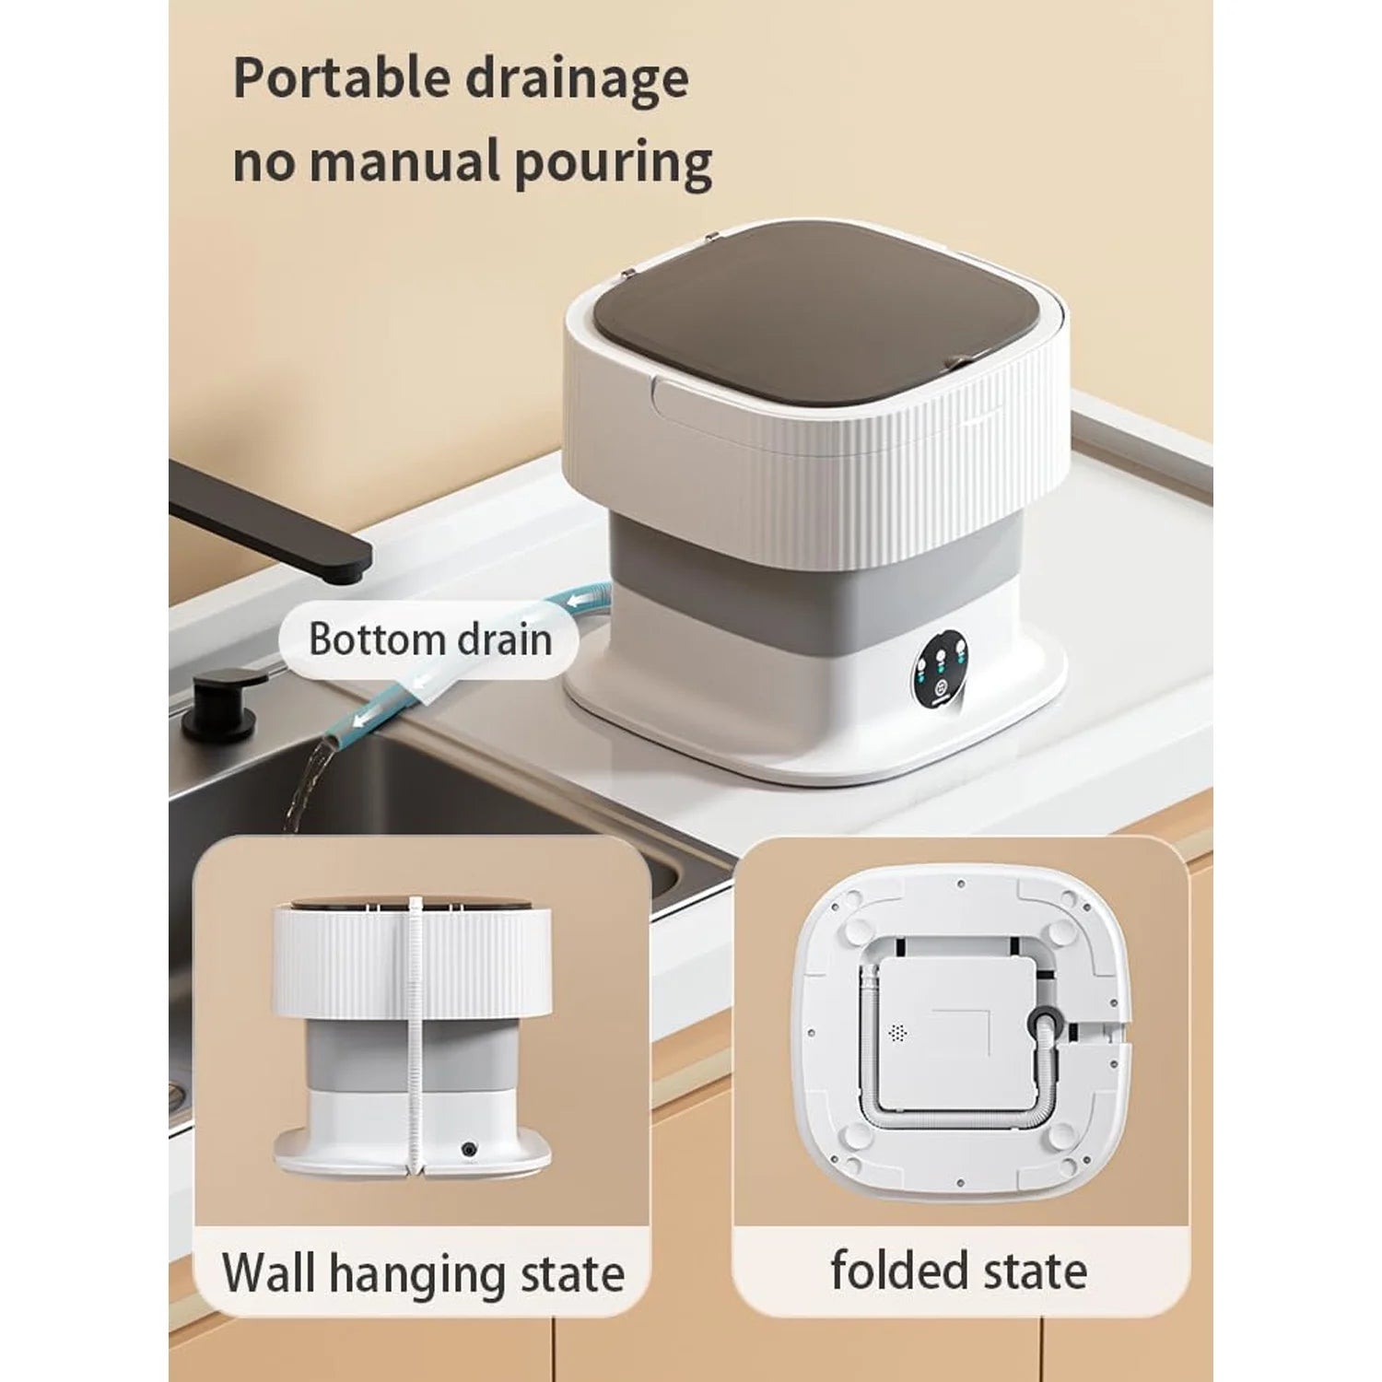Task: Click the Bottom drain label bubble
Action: pos(429,639)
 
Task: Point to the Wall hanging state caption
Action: pos(423,1274)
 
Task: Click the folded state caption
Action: pos(958,1271)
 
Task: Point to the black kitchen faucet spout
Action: pos(267,516)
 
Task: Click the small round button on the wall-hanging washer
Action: pos(470,1149)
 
